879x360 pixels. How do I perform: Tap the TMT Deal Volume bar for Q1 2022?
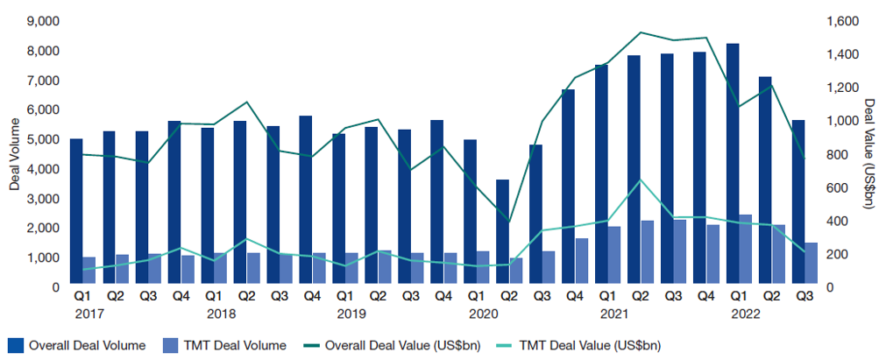(x=745, y=250)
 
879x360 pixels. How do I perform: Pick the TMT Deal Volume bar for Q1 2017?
(x=89, y=271)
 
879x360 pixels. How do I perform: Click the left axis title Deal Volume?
(x=14, y=153)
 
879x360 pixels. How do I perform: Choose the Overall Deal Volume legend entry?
(x=76, y=345)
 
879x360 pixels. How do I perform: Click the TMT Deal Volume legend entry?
(x=225, y=345)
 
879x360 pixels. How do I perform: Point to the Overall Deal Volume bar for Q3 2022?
(x=798, y=202)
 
